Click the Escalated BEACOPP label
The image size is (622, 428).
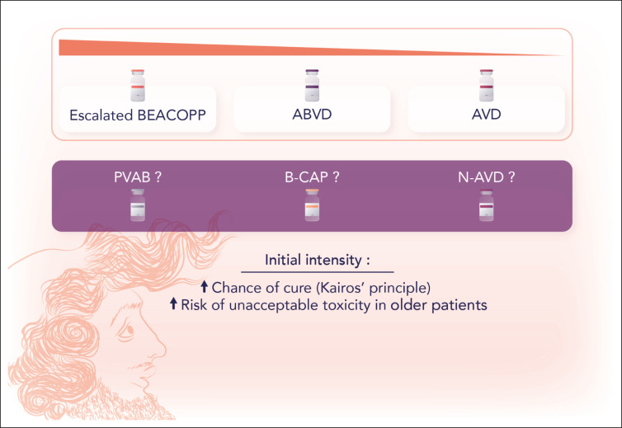coord(138,115)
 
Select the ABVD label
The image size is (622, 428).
coord(312,115)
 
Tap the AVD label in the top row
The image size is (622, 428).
coord(487,115)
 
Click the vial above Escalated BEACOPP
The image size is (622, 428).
coord(138,85)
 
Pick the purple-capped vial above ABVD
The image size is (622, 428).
coord(312,85)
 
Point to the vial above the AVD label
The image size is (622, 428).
coord(487,85)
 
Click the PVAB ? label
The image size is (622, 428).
coord(138,177)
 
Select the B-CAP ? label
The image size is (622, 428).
coord(312,177)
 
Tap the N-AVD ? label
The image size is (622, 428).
coord(487,177)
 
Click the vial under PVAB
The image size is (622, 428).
coord(138,205)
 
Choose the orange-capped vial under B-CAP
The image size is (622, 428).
coord(312,205)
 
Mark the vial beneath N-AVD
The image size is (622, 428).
coord(487,205)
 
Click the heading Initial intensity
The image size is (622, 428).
coord(318,261)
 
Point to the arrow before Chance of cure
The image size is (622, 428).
coord(205,286)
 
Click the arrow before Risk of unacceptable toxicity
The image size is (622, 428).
coord(173,303)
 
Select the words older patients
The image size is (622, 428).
coord(439,305)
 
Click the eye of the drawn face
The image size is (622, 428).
coord(127,332)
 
